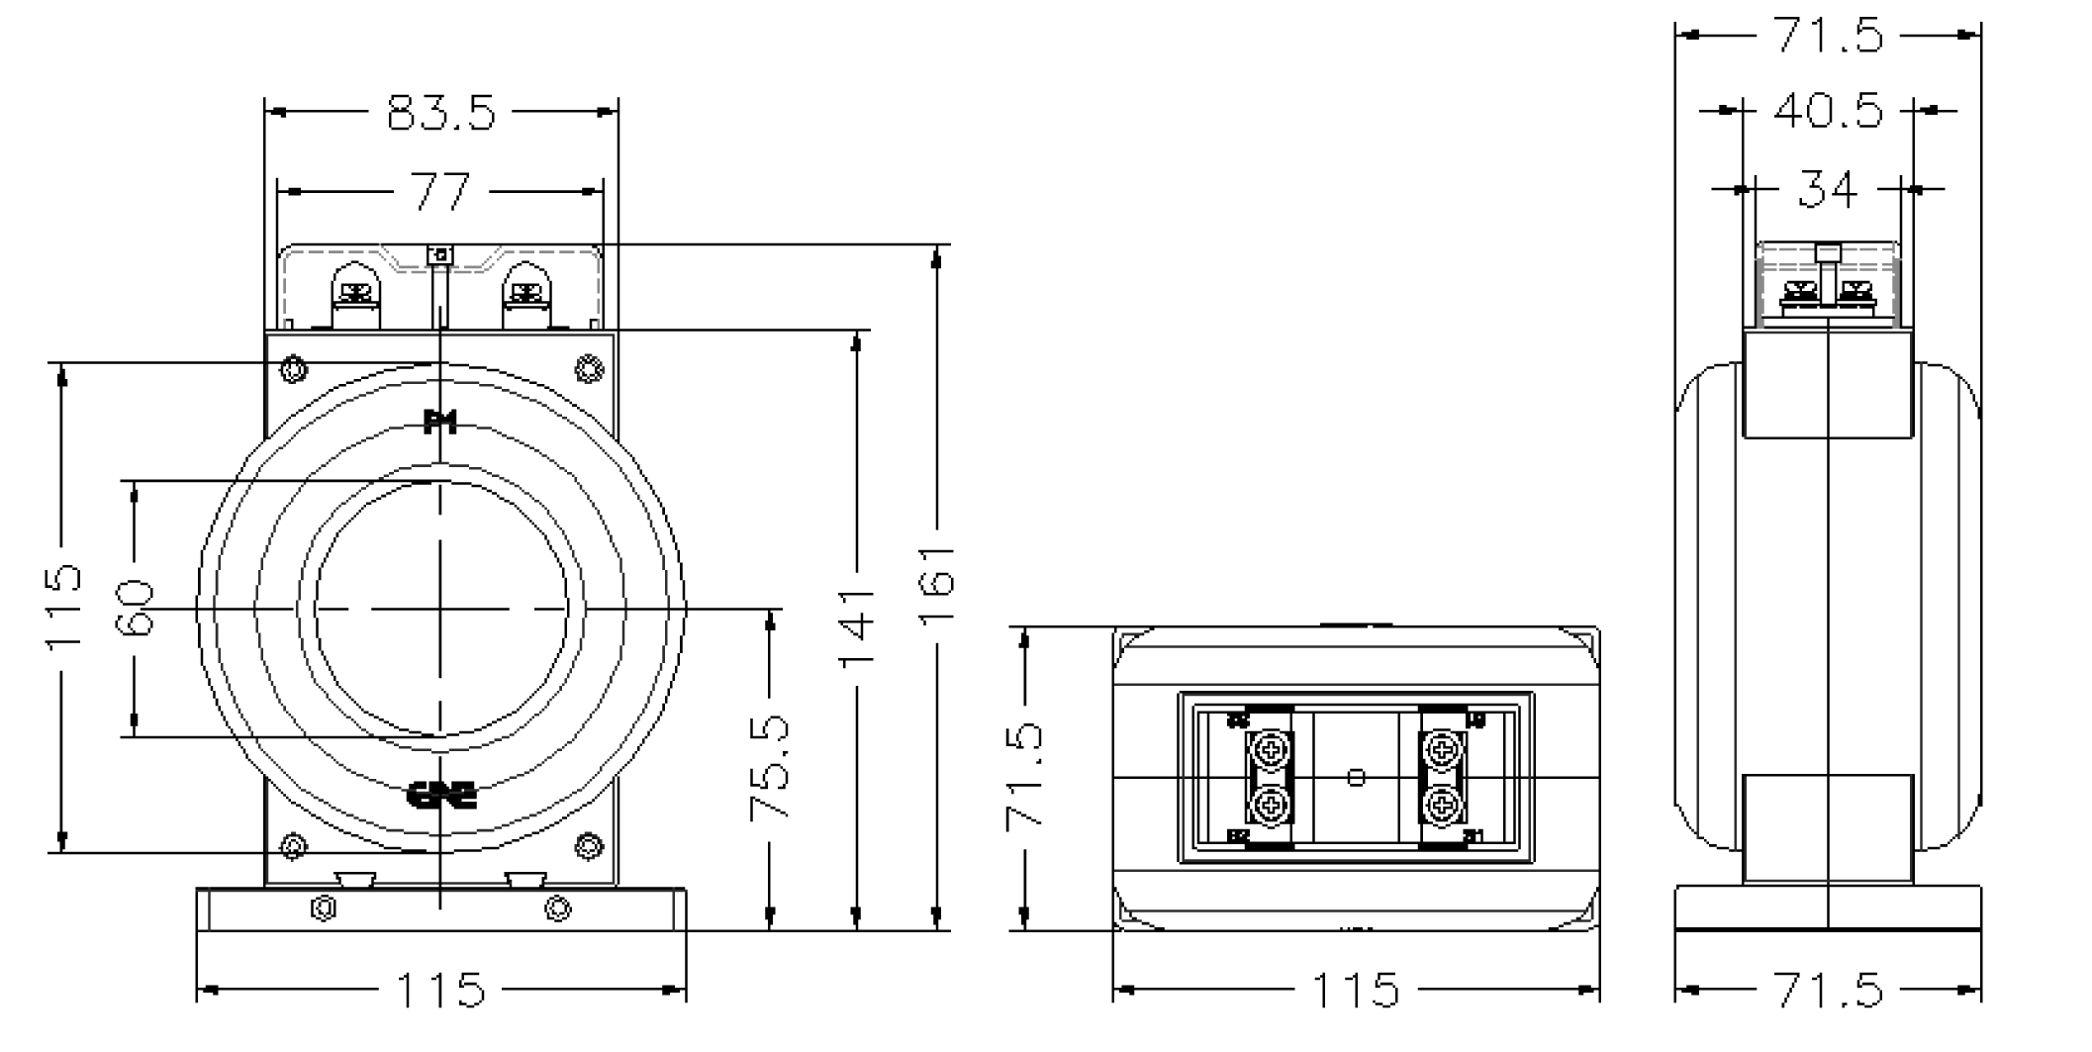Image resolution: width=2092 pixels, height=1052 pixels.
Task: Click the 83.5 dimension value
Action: [440, 114]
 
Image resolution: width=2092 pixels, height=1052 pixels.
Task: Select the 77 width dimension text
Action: [440, 191]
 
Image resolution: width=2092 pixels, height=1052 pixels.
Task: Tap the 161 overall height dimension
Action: [936, 584]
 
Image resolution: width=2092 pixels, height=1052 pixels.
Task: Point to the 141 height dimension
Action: [857, 627]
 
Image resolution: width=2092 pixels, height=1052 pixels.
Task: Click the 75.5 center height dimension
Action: [770, 767]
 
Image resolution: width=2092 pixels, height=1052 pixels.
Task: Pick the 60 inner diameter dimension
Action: [135, 608]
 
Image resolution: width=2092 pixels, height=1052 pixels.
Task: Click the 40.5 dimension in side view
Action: [1827, 111]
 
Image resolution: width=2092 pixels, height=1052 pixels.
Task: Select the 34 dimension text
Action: [1827, 188]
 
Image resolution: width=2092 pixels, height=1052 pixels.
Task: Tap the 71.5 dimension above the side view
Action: [1827, 36]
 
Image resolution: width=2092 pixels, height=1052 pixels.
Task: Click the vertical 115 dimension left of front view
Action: [62, 607]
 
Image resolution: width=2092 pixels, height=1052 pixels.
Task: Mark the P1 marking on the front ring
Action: [439, 423]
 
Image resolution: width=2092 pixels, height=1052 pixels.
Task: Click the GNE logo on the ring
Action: [442, 795]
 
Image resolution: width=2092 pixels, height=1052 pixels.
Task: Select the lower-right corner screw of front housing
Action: [589, 847]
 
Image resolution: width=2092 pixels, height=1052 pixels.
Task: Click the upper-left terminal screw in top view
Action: [1270, 749]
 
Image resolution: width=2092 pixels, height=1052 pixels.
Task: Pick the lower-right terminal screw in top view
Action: [1443, 806]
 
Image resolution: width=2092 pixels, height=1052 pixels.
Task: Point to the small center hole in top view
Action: [1357, 778]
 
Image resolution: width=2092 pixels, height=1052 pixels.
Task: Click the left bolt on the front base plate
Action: [323, 908]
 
